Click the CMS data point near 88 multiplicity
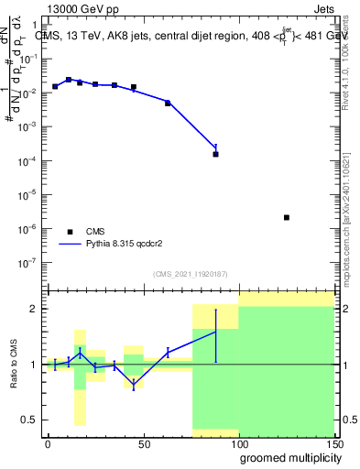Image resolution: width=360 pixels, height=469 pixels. [215, 154]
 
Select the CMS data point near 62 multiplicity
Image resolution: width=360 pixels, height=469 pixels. [168, 103]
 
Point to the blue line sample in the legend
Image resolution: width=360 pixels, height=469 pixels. [69, 245]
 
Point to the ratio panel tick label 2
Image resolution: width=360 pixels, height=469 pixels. [35, 309]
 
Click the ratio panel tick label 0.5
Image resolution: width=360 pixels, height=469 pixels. [31, 420]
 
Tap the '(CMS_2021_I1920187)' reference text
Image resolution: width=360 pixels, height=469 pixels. [190, 274]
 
